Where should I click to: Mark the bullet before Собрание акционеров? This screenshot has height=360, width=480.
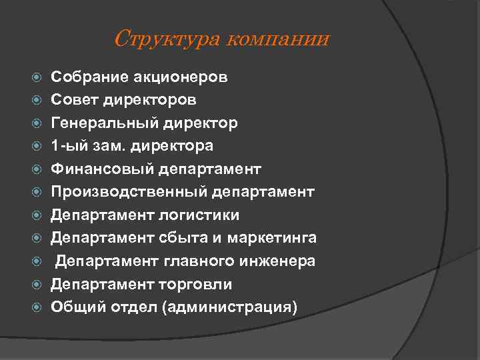(x=37, y=77)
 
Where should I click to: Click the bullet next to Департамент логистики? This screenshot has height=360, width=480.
(x=37, y=215)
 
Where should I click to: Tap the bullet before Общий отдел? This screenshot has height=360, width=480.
(x=37, y=307)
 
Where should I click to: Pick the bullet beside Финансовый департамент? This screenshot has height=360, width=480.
(x=37, y=169)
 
